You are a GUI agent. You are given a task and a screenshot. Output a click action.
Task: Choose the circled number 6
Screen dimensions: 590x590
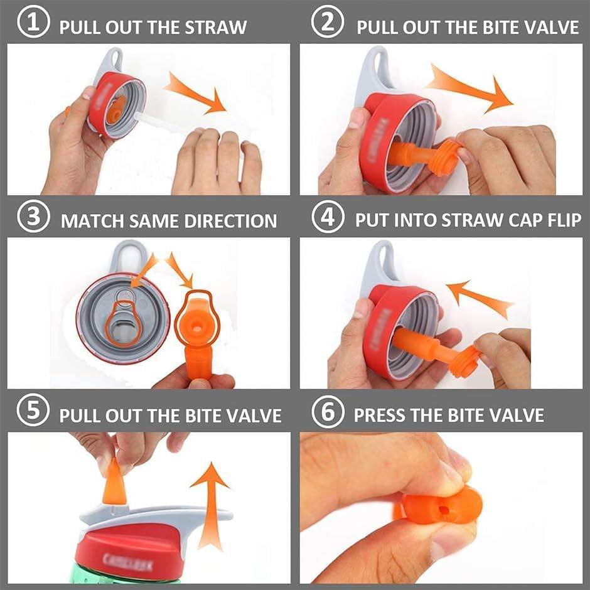click(x=328, y=415)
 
